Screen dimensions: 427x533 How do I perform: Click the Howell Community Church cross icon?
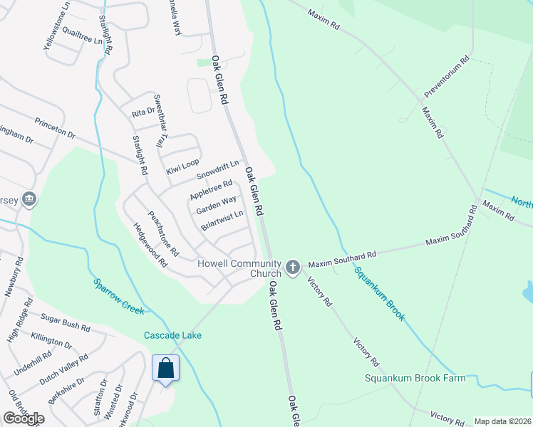click(292, 268)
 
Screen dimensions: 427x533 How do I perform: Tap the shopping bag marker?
click(165, 369)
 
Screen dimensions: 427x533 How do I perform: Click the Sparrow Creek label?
click(119, 296)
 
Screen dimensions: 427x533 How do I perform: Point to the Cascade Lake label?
click(172, 335)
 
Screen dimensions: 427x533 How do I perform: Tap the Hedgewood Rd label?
click(150, 245)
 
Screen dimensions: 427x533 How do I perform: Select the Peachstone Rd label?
click(164, 233)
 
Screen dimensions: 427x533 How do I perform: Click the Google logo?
click(24, 418)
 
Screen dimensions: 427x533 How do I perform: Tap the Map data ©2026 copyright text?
click(502, 421)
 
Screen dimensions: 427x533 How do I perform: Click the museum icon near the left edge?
click(29, 199)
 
